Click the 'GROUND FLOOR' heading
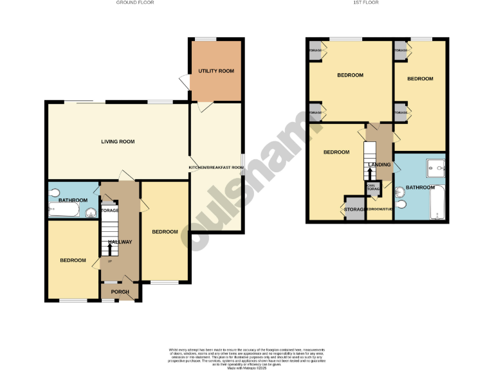coord(134,3)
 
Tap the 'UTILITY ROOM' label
coord(215,71)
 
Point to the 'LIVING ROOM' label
coord(118,141)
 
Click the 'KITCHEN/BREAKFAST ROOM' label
coord(216,168)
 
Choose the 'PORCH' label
coord(120,292)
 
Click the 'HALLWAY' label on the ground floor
coord(120,242)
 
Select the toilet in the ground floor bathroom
coord(55,192)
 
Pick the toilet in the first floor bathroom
coord(401,205)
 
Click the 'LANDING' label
coord(378,164)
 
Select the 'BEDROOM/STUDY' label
coord(379,209)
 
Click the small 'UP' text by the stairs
coord(109,261)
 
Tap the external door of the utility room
coord(185,82)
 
